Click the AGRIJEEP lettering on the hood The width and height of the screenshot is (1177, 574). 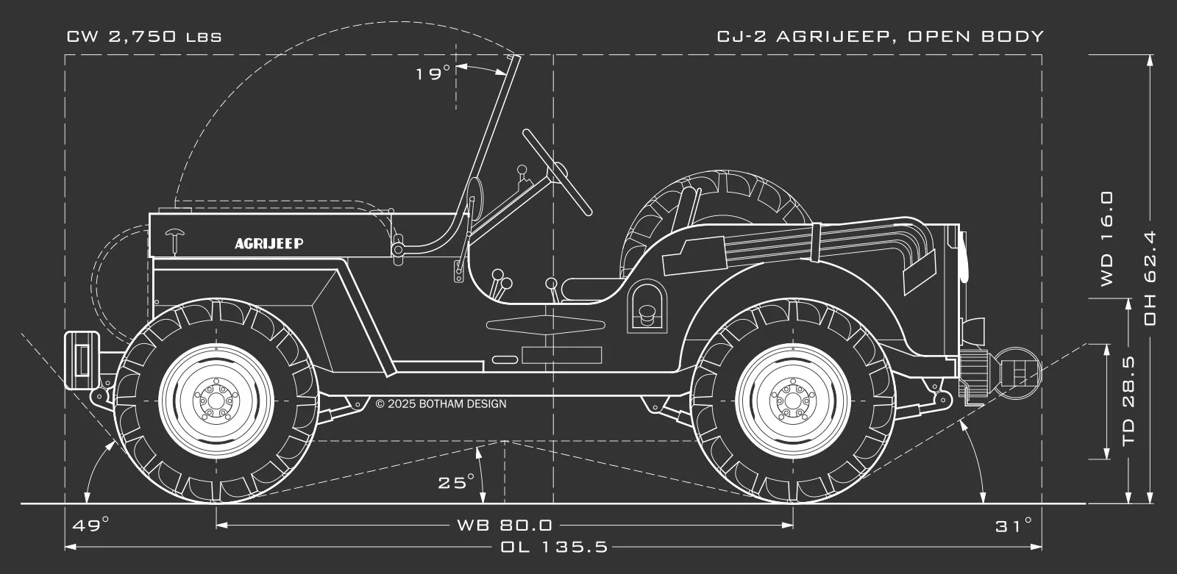click(x=269, y=243)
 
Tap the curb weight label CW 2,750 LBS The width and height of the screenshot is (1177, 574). click(x=144, y=37)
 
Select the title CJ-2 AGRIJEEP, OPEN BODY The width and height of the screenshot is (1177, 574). click(x=881, y=37)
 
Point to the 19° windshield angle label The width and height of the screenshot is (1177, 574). click(x=433, y=73)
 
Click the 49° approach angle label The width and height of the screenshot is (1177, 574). click(x=90, y=525)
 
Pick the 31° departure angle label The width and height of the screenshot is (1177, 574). click(x=1014, y=525)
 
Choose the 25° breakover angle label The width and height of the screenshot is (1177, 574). click(x=457, y=483)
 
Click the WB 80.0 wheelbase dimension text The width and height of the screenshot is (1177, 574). click(x=505, y=525)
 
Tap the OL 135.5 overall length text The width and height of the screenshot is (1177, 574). click(x=554, y=547)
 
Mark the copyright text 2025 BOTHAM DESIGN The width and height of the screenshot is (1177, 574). click(x=441, y=403)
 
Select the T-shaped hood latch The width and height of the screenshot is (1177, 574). click(x=177, y=240)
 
